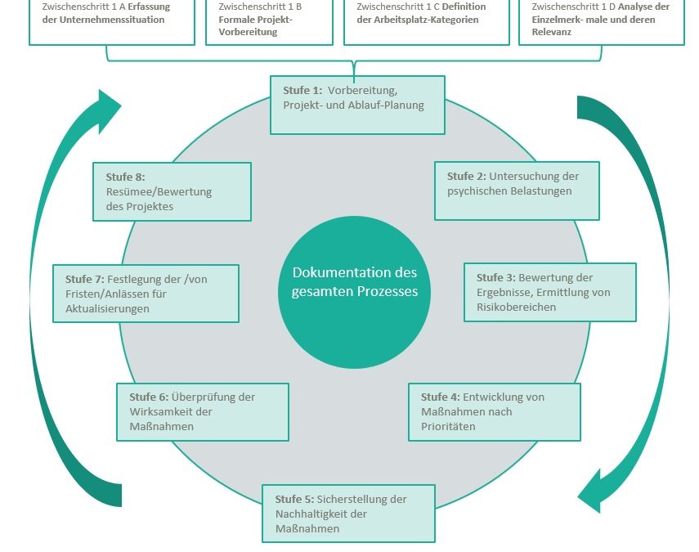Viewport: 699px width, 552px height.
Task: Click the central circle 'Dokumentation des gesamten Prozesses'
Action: click(354, 280)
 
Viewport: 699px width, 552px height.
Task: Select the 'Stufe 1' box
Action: click(357, 104)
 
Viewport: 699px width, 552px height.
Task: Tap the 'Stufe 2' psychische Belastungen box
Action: click(517, 191)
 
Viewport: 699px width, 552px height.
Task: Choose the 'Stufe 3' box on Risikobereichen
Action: click(549, 292)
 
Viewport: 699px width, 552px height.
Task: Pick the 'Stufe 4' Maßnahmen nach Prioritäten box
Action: click(495, 411)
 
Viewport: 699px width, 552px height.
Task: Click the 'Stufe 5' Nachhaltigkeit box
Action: click(348, 513)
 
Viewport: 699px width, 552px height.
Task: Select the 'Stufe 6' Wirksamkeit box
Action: click(203, 411)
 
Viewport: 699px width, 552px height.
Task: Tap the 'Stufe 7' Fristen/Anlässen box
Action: click(146, 293)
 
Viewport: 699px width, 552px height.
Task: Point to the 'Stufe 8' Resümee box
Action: click(173, 191)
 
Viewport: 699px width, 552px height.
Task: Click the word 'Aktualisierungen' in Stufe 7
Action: click(107, 308)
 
